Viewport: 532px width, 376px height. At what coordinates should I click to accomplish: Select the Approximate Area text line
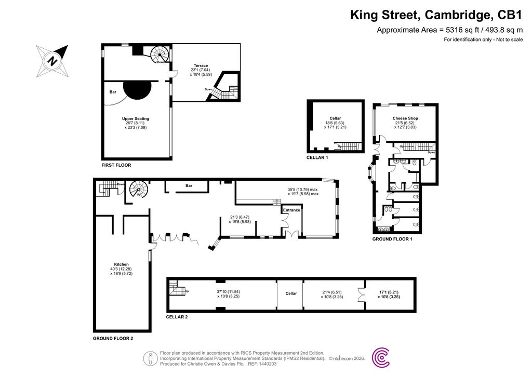449,30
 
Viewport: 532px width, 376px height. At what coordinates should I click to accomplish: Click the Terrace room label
201,66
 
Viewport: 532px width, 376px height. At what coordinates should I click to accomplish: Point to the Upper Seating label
135,119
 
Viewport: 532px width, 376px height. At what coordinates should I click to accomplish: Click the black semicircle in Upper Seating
138,89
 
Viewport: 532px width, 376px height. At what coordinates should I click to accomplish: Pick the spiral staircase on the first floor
159,53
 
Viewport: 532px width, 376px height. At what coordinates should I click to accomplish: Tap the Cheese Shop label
405,118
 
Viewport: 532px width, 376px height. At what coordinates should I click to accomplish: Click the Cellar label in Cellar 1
335,118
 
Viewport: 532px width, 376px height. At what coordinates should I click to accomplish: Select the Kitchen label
122,264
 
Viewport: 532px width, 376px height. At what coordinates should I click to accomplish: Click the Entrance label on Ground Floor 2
291,210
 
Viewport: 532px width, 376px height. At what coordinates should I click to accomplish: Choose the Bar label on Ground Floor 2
189,185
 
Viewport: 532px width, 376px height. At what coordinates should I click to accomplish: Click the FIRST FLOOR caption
116,165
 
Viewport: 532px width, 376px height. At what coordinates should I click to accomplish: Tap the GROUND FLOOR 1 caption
392,239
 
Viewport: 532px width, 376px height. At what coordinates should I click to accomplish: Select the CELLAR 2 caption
177,316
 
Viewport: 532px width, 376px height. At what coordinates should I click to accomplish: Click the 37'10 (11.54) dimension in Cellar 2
229,291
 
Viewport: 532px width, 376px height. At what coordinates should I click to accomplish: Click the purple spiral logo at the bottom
382,357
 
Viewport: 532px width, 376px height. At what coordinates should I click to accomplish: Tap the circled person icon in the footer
150,358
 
